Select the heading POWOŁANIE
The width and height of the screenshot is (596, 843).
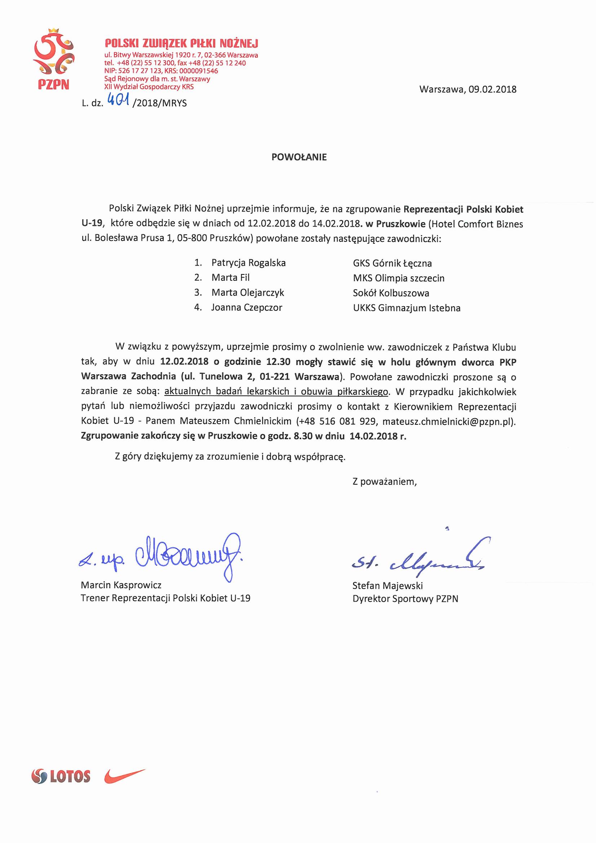point(299,157)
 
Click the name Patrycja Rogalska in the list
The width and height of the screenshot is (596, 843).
point(248,263)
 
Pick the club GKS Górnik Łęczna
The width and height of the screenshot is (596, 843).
point(392,263)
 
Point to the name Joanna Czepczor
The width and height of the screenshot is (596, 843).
point(246,308)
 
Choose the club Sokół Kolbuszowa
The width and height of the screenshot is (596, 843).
point(391,293)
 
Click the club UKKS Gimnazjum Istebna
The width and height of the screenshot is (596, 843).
point(406,308)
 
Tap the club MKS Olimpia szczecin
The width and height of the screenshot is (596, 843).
point(398,278)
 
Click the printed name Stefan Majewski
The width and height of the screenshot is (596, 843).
point(388,586)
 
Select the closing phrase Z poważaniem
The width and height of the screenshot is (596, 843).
point(384,482)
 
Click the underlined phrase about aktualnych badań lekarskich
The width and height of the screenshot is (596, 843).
point(276,392)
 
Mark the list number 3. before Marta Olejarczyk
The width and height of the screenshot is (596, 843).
point(198,293)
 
